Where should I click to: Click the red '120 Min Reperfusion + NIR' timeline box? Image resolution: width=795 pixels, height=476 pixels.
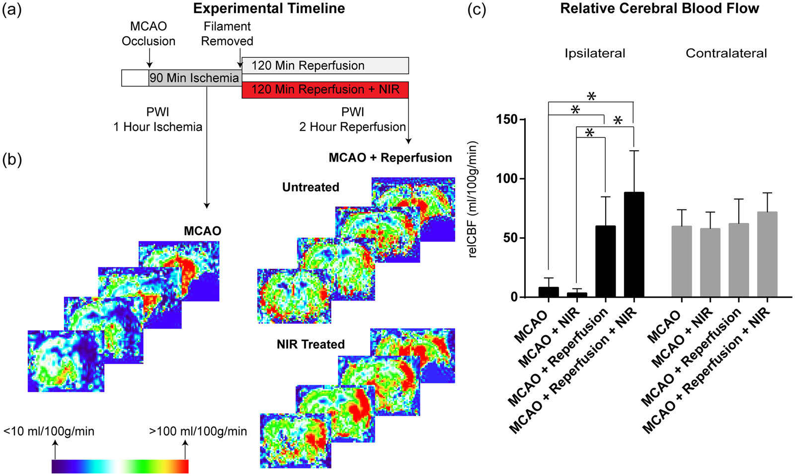pyautogui.click(x=325, y=90)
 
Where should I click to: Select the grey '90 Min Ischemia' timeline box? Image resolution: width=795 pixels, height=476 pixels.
pyautogui.click(x=195, y=78)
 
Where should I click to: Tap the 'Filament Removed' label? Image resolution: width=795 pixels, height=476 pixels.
pyautogui.click(x=227, y=34)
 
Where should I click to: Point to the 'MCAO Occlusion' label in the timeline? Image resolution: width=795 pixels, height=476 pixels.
pyautogui.click(x=149, y=34)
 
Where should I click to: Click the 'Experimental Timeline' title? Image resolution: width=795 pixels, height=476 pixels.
pyautogui.click(x=269, y=8)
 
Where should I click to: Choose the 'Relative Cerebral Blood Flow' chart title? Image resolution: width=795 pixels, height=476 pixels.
pyautogui.click(x=660, y=8)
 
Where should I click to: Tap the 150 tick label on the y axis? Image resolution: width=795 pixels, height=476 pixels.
pyautogui.click(x=507, y=119)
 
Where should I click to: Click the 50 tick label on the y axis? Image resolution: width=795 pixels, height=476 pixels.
pyautogui.click(x=511, y=238)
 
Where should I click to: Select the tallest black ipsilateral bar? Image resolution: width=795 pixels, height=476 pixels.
pyautogui.click(x=634, y=244)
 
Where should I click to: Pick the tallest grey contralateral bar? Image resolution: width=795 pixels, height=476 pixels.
pyautogui.click(x=767, y=254)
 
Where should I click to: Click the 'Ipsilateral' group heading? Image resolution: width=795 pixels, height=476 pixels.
pyautogui.click(x=595, y=53)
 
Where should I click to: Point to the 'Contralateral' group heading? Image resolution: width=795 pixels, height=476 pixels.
pyautogui.click(x=726, y=53)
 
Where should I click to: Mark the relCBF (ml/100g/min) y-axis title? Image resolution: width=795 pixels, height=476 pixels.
pyautogui.click(x=473, y=199)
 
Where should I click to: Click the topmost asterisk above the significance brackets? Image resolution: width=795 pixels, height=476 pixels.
pyautogui.click(x=591, y=96)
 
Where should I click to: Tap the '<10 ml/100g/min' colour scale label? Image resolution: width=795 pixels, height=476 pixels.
pyautogui.click(x=49, y=431)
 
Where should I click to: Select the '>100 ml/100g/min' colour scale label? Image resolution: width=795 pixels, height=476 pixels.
pyautogui.click(x=198, y=431)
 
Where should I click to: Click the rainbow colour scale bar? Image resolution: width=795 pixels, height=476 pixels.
pyautogui.click(x=120, y=467)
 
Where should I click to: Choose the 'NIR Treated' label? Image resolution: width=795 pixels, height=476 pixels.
pyautogui.click(x=311, y=344)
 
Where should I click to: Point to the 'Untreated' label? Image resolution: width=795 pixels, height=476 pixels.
pyautogui.click(x=311, y=187)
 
